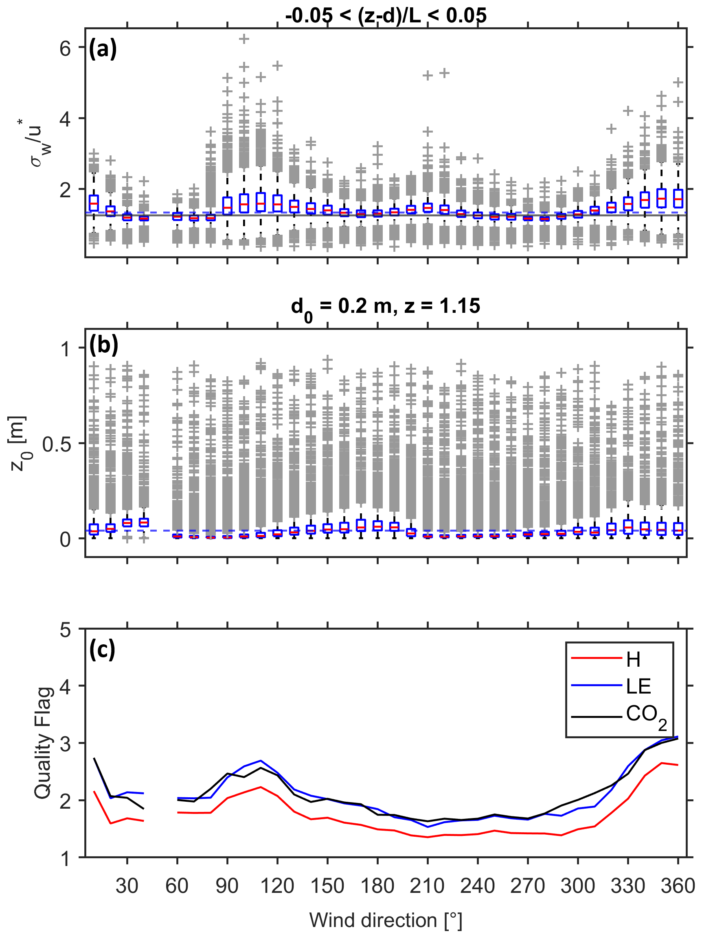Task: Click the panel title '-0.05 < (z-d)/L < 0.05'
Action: pos(385,16)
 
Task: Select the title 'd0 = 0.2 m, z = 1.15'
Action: pos(385,307)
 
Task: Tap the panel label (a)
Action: pos(102,49)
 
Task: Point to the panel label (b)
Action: pos(103,345)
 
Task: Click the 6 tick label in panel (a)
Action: pos(65,48)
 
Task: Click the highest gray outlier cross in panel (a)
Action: pos(244,39)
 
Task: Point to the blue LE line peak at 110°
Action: pos(261,760)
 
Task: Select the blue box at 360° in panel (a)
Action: pos(678,198)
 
